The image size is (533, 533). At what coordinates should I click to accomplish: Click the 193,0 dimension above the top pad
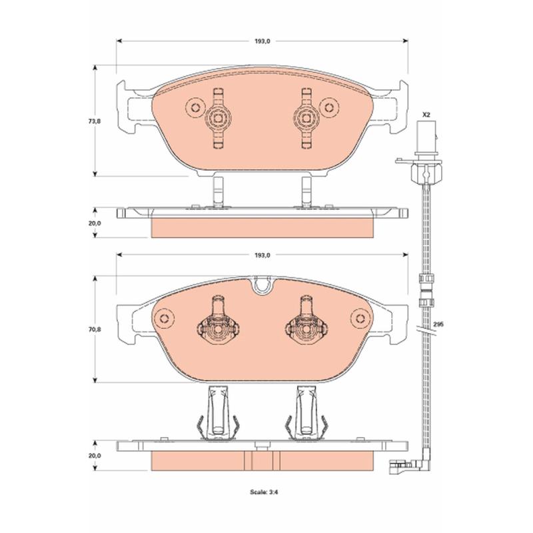click(262, 41)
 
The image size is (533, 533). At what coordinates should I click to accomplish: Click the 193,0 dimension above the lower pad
click(262, 255)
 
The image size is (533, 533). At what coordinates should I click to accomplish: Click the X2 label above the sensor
click(426, 115)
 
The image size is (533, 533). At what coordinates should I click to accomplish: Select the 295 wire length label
click(439, 324)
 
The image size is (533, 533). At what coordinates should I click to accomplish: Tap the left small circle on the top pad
click(195, 108)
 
